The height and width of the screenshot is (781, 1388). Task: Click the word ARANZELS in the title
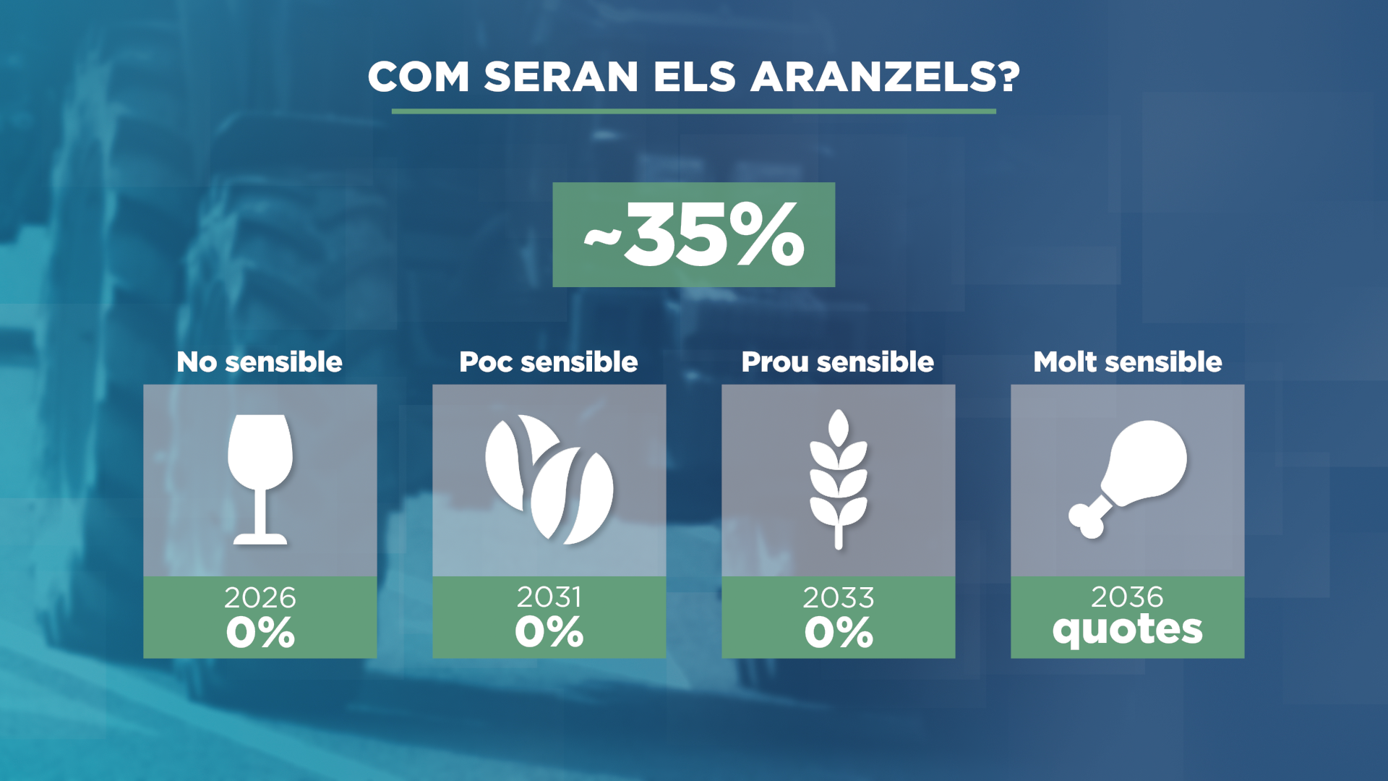point(885,77)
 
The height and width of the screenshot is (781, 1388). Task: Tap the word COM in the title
point(419,77)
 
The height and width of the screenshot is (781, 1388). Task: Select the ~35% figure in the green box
point(694,235)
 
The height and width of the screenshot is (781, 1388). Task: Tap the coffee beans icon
point(549,479)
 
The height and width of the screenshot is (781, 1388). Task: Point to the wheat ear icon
point(839,479)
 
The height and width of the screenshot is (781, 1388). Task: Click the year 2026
point(260,598)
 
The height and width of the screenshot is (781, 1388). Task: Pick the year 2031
point(549,597)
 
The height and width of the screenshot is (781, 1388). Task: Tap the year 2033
point(839,598)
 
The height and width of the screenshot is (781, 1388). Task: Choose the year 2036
point(1128,597)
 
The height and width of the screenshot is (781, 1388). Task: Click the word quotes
point(1128,630)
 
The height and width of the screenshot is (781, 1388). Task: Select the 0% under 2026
point(260,633)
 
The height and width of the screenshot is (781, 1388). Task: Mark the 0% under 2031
point(549,632)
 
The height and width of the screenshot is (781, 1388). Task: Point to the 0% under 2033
point(839,633)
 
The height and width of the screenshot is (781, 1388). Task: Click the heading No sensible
point(260,362)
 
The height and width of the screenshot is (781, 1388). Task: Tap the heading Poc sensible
point(549,362)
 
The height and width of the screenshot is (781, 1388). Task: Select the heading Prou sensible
point(838,362)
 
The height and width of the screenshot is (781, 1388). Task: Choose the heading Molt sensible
point(1128,362)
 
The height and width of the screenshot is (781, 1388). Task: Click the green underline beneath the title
point(694,111)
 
